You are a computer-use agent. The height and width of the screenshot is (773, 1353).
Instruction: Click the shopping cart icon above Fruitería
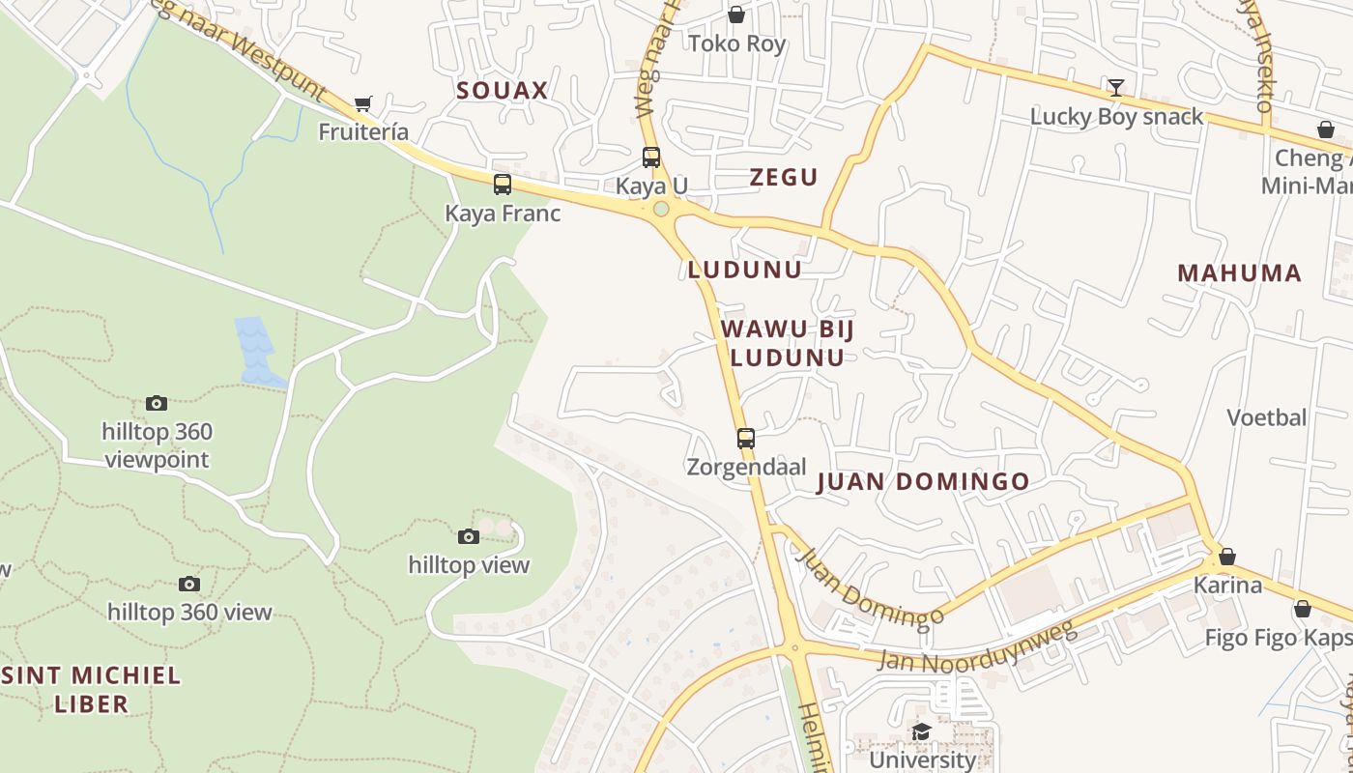tap(363, 103)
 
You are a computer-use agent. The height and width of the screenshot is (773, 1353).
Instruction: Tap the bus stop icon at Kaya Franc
tap(503, 185)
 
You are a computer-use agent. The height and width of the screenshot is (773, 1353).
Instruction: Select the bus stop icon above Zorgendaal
tap(746, 439)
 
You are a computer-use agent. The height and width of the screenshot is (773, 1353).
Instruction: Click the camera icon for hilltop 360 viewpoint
tap(157, 403)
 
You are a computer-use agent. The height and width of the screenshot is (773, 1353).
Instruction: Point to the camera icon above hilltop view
tap(468, 536)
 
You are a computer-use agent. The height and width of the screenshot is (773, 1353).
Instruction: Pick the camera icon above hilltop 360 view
tap(189, 584)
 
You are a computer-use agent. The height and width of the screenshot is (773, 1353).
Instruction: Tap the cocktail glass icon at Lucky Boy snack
tap(1116, 89)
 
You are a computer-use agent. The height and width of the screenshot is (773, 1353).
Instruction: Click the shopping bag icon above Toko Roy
tap(736, 14)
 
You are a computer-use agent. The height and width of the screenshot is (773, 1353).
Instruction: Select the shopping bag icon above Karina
tap(1227, 557)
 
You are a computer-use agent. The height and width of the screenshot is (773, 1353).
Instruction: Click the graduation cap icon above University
tap(922, 731)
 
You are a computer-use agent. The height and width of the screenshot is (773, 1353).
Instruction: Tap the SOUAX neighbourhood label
tap(503, 91)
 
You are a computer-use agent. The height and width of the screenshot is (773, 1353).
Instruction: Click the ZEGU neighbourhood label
tap(784, 177)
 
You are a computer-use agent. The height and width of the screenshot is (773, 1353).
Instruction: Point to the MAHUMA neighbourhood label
tap(1239, 272)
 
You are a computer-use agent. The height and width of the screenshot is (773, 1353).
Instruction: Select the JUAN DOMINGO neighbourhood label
tap(923, 481)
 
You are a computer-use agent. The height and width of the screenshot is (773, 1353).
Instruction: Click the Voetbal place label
tap(1266, 417)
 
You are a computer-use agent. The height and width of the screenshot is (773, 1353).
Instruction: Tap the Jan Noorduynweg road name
tap(976, 648)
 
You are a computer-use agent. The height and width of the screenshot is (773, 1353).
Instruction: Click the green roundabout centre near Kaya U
tap(661, 209)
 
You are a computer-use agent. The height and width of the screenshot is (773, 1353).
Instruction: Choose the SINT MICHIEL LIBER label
tap(92, 689)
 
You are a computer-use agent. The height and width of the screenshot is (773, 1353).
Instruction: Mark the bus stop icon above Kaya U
tap(651, 157)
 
